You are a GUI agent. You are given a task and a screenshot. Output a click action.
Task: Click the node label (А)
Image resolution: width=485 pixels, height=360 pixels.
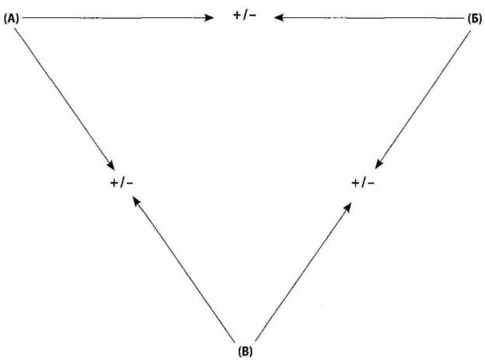click(x=12, y=19)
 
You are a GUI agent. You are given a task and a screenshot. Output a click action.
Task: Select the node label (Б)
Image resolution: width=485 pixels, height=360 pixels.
click(x=474, y=19)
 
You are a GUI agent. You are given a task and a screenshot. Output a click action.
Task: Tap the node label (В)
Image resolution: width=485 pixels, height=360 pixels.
click(x=246, y=351)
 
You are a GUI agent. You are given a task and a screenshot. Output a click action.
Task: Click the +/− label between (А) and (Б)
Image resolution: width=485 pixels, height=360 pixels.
click(x=245, y=16)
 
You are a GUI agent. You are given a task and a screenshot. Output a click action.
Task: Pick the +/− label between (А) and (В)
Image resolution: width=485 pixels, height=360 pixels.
click(x=121, y=183)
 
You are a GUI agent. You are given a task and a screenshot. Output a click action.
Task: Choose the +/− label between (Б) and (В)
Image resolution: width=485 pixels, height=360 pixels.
click(x=363, y=183)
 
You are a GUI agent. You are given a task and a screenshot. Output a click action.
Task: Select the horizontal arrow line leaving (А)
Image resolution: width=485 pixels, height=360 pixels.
click(x=118, y=18)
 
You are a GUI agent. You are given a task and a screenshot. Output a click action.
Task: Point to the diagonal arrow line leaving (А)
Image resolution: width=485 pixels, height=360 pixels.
click(x=65, y=99)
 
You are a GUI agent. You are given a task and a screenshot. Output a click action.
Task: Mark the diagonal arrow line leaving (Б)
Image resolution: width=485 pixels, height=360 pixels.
click(x=423, y=100)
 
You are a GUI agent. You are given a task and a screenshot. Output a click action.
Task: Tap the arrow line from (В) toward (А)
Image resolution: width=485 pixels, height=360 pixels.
click(x=183, y=269)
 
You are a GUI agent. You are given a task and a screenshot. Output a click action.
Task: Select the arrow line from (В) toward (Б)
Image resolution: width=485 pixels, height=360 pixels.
click(x=303, y=271)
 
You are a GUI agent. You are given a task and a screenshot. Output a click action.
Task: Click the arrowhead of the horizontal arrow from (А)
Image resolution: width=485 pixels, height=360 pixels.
click(x=209, y=18)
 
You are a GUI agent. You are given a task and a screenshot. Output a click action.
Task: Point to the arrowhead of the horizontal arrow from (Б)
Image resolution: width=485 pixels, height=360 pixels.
click(x=279, y=18)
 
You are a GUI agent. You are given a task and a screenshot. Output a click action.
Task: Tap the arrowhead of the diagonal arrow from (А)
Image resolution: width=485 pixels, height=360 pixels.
click(x=111, y=165)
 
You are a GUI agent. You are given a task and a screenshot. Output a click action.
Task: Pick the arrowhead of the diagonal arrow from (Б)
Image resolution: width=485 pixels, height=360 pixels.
click(x=379, y=164)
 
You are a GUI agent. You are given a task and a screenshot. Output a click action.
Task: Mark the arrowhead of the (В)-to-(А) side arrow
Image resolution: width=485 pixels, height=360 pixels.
click(x=135, y=201)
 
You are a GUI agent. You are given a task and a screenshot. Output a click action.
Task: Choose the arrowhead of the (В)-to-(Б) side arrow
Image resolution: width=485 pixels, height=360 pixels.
click(x=348, y=208)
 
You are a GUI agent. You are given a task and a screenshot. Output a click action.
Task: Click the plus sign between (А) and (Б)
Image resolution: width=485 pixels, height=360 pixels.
click(x=237, y=16)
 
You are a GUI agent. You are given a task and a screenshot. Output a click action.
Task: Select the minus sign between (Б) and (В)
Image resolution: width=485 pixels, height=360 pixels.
click(x=372, y=183)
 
